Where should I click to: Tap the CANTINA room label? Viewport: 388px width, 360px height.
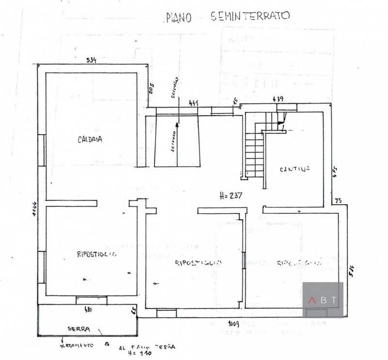[294, 169]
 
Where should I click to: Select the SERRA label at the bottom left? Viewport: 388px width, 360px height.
[79, 329]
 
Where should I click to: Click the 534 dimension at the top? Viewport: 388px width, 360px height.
[92, 60]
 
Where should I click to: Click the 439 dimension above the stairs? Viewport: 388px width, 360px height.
[278, 99]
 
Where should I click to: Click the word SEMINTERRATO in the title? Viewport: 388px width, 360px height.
[250, 16]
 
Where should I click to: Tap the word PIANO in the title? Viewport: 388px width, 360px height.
[179, 17]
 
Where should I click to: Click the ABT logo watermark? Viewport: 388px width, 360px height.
[323, 300]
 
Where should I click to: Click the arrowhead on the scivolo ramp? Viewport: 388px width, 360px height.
[178, 124]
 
